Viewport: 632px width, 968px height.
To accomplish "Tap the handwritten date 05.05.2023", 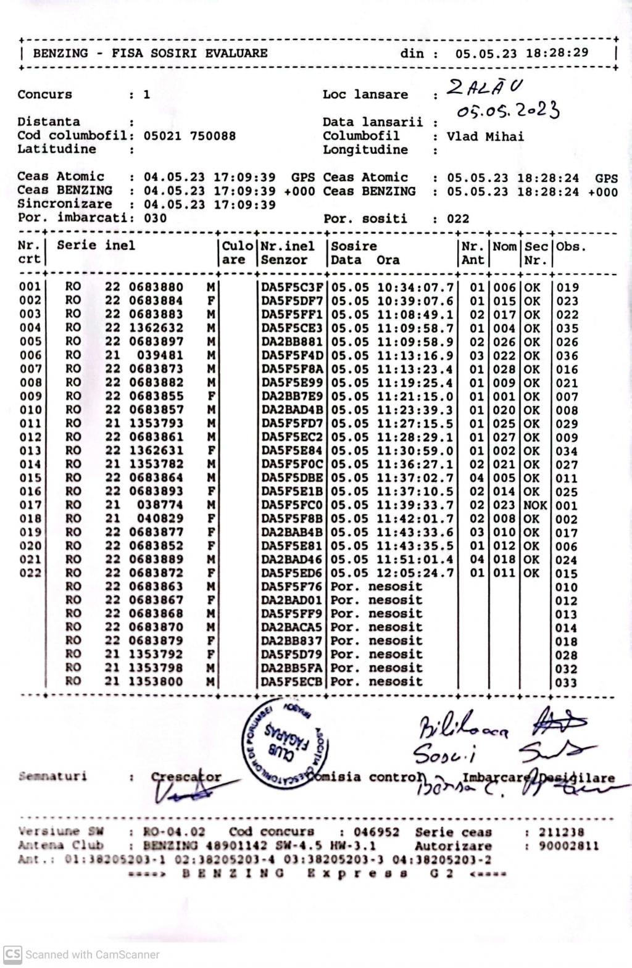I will [508, 110].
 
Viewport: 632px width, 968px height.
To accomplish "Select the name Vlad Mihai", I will [485, 136].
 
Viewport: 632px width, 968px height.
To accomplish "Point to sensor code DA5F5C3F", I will [291, 287].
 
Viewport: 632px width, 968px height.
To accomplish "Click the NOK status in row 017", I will [535, 505].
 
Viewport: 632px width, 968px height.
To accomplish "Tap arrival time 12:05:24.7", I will [415, 573].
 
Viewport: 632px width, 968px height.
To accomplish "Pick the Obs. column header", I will [571, 247].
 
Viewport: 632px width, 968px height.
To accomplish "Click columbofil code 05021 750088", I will [189, 136].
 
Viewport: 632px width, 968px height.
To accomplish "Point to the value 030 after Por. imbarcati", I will [155, 218].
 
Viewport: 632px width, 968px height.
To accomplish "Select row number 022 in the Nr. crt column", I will [30, 573].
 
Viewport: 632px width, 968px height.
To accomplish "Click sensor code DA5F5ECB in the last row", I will [291, 682].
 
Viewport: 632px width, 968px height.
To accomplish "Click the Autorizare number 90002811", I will [568, 846].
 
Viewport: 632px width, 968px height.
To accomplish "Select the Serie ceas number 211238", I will [561, 832].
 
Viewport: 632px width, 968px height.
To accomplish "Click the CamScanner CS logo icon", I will [12, 954].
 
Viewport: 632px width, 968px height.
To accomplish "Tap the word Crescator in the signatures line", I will [186, 777].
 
